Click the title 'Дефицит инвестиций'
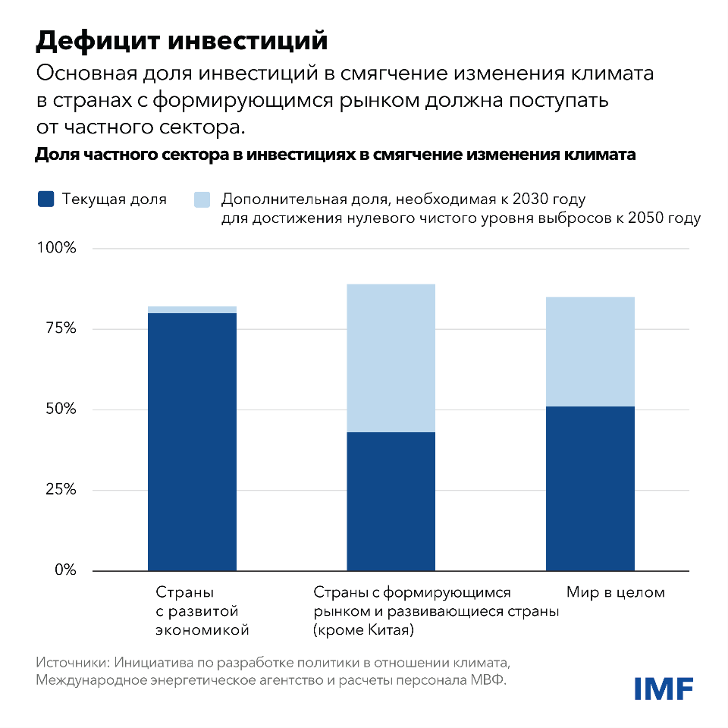(181, 41)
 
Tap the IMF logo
(664, 688)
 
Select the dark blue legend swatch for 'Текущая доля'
(46, 199)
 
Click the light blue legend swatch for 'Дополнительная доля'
(202, 199)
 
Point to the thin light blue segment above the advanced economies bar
(192, 309)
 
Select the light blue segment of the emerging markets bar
(391, 358)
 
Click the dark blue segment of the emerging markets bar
(391, 501)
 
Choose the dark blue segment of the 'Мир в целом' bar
(590, 488)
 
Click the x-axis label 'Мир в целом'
(615, 592)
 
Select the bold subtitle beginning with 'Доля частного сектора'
(334, 155)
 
